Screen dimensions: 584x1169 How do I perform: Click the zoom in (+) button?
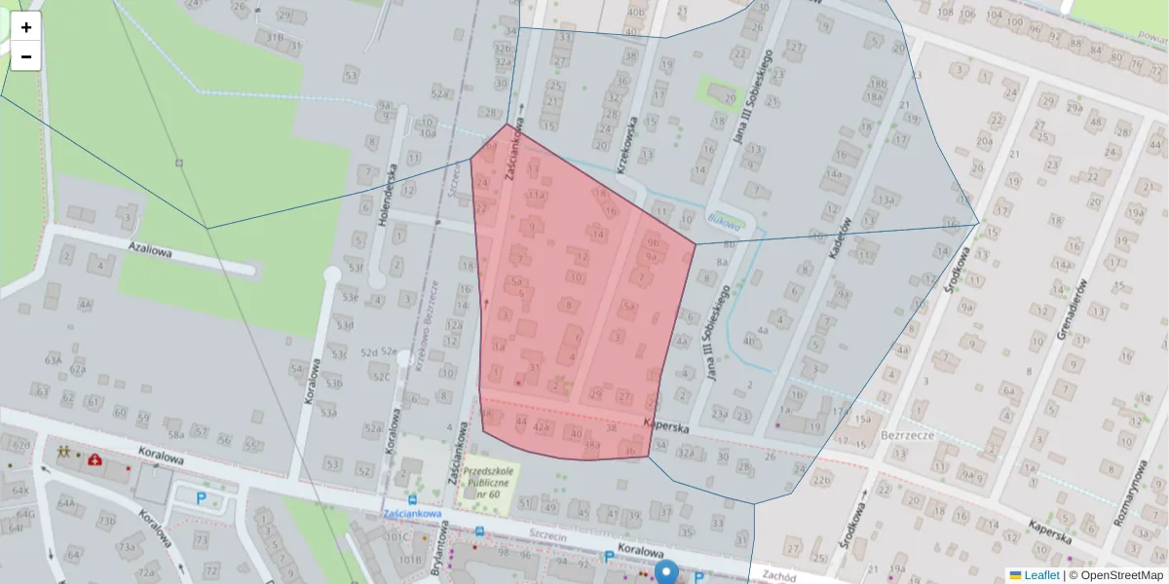(26, 27)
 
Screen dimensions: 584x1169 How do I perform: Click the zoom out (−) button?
(26, 56)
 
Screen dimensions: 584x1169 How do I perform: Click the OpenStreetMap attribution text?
(1116, 575)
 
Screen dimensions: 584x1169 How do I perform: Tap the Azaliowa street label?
(150, 251)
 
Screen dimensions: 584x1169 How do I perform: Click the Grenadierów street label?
(1075, 310)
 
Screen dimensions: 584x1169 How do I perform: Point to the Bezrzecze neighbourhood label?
(907, 435)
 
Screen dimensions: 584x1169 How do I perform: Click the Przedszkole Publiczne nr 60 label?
(490, 479)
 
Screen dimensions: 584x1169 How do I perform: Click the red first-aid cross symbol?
(95, 458)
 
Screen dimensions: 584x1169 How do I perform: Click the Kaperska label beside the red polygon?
(667, 426)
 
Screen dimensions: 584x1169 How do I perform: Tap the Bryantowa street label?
(438, 549)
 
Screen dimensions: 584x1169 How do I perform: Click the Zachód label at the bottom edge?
(779, 575)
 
